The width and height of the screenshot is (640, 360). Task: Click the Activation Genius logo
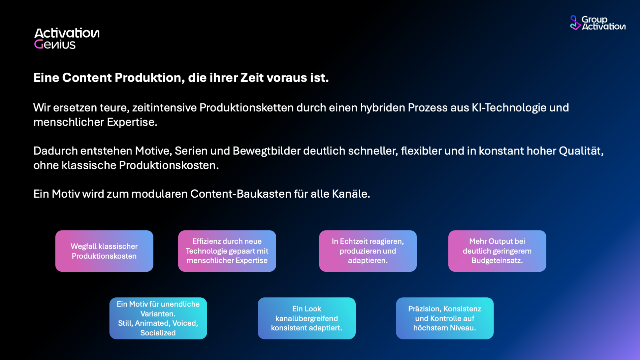tap(67, 38)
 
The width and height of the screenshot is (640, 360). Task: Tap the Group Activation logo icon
tap(575, 23)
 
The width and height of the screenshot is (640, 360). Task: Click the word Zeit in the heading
tap(252, 77)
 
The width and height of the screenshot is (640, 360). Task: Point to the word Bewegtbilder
tap(266, 151)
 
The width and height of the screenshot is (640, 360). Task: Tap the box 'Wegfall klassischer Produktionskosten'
tap(104, 251)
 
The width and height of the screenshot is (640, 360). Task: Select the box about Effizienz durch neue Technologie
tap(227, 251)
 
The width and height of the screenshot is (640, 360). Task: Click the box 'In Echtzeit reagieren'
tap(368, 251)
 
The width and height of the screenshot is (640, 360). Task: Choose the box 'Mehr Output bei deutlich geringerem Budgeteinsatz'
tap(497, 251)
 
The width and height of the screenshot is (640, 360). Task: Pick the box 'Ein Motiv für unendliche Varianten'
tap(158, 318)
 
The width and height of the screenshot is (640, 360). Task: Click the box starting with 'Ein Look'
tap(307, 318)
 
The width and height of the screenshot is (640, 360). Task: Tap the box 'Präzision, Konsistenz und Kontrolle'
tap(445, 318)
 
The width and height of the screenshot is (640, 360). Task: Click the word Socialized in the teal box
tap(158, 333)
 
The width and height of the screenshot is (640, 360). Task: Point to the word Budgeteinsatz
tap(497, 260)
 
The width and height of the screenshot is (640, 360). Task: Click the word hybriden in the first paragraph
tap(383, 107)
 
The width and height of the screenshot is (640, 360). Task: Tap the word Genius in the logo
tap(55, 44)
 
